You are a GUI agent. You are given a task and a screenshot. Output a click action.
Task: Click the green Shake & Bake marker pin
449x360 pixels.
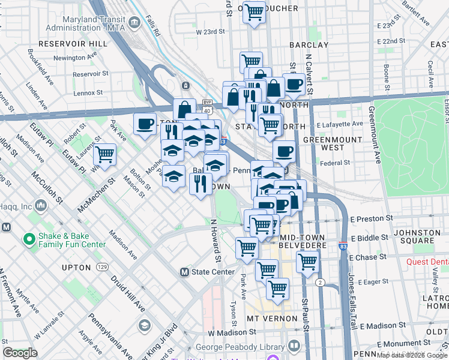[28, 239]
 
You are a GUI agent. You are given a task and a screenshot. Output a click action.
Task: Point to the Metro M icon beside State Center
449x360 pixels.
[185, 272]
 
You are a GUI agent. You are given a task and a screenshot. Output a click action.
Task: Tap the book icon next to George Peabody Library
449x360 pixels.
[294, 346]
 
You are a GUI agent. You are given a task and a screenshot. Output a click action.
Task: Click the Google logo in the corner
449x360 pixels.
[20, 353]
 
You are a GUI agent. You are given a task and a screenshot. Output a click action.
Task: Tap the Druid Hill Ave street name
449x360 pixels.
[127, 294]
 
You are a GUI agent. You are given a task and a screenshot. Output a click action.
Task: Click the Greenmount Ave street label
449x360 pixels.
[375, 134]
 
